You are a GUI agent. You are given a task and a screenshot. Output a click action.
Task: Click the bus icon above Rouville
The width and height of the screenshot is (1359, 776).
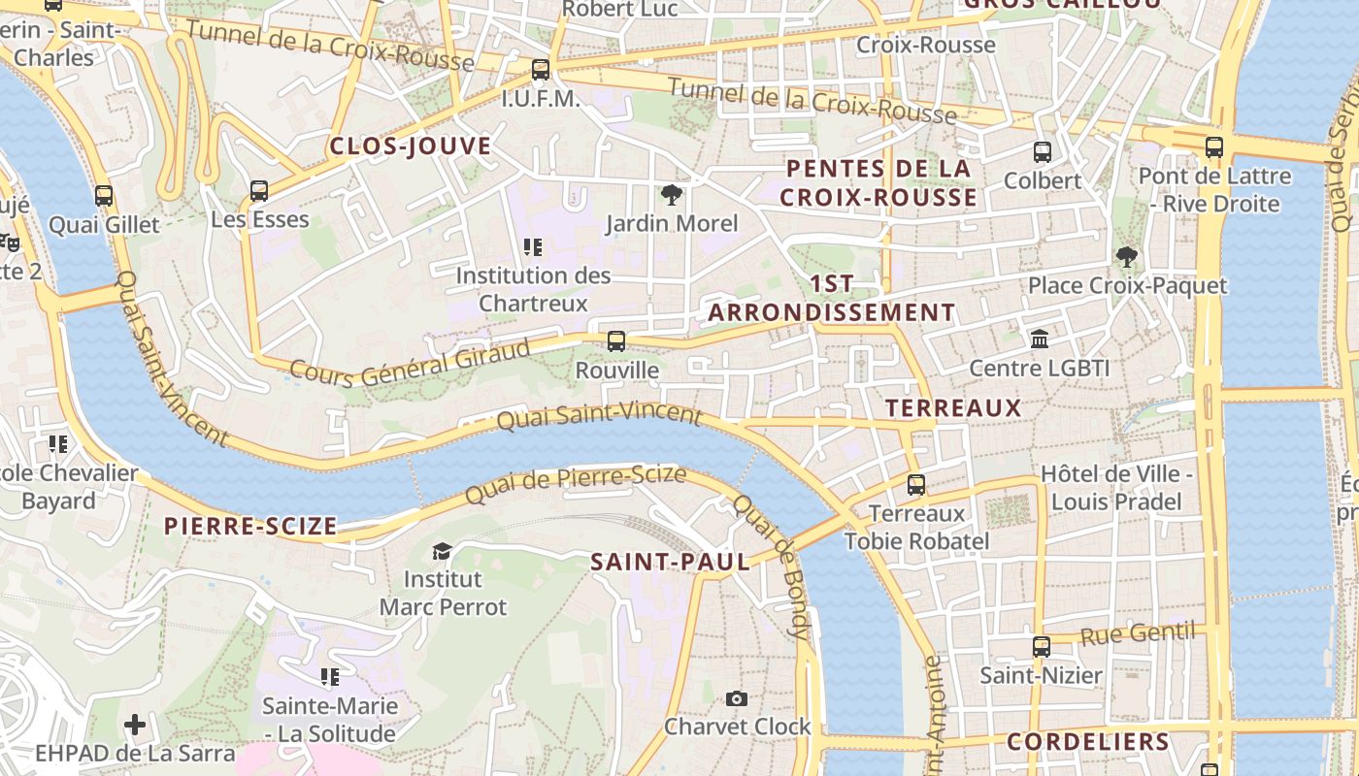(x=615, y=341)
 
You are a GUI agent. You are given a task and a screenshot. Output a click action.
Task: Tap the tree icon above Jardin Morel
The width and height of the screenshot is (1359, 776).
(x=671, y=195)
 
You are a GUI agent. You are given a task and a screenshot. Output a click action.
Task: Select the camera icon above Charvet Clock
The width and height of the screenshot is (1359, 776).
(x=737, y=698)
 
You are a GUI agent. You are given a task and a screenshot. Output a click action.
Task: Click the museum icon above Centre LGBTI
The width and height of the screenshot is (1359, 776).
(x=1040, y=339)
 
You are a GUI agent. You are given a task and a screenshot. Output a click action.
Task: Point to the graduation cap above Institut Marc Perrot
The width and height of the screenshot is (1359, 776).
(x=442, y=551)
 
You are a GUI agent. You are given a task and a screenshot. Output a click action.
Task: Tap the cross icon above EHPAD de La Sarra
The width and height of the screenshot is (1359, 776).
(x=135, y=725)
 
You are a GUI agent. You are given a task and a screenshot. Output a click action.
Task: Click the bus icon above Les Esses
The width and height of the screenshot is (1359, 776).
(x=259, y=191)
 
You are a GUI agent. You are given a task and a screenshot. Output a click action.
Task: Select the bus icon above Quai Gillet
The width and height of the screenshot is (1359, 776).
(x=104, y=196)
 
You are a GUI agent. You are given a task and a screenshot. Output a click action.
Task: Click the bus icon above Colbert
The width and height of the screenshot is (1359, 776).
(x=1043, y=152)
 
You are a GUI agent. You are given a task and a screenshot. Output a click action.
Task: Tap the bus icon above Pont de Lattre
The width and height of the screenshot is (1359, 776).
(x=1214, y=147)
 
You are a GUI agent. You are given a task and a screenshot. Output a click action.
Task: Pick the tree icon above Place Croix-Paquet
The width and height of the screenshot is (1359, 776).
(x=1127, y=257)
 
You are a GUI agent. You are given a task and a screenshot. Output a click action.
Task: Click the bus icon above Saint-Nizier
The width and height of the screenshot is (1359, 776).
(x=1041, y=647)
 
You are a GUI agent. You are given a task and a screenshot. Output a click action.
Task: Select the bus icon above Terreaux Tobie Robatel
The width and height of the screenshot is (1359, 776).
(x=915, y=485)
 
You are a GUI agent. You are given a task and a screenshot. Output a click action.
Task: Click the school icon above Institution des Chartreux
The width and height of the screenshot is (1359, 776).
(x=532, y=247)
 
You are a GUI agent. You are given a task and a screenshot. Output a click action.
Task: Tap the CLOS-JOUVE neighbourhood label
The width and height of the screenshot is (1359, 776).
(x=411, y=146)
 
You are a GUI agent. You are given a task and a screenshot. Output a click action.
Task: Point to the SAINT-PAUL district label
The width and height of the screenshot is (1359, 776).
(x=671, y=562)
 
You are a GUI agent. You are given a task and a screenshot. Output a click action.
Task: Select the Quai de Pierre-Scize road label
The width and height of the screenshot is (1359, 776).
(x=576, y=484)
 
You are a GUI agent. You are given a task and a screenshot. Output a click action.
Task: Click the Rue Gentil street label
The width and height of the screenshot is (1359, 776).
(x=1137, y=634)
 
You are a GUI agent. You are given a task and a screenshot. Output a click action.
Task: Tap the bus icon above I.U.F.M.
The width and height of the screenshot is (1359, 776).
(x=541, y=70)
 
